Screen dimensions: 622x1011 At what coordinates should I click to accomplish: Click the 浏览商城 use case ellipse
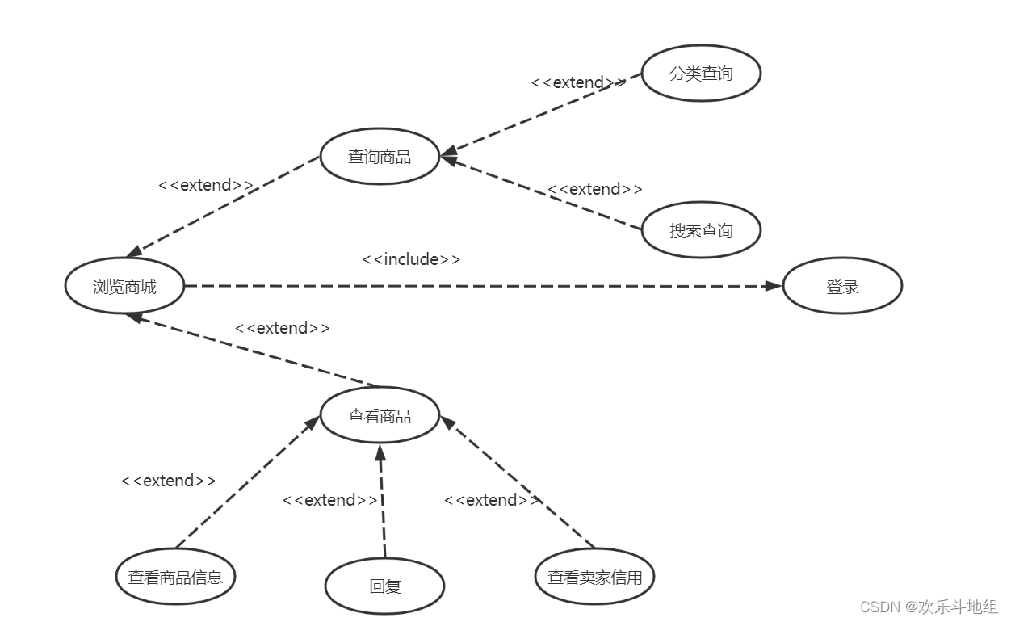125,286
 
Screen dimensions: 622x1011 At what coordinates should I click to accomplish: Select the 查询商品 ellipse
380,157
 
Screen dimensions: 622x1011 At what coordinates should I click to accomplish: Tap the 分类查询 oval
701,74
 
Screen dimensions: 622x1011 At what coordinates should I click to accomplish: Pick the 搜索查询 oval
701,230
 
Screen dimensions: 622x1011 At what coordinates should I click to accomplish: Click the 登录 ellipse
842,286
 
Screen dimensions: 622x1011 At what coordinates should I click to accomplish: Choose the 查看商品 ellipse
380,416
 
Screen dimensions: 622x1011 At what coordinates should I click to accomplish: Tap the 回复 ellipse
384,586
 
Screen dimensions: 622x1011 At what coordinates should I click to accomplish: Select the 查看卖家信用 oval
595,577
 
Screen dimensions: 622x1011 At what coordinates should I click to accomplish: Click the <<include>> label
411,259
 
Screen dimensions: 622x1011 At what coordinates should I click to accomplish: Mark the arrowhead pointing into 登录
774,286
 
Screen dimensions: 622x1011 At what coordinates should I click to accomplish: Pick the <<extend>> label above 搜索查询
595,189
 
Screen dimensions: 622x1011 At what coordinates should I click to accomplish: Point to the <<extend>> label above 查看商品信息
168,481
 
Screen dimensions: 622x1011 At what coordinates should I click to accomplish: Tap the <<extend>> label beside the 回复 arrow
329,500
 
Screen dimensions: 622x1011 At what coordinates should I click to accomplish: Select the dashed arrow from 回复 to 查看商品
382,501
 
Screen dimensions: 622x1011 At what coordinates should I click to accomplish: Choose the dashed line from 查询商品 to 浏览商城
226,205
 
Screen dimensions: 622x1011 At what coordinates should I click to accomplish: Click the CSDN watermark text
929,607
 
